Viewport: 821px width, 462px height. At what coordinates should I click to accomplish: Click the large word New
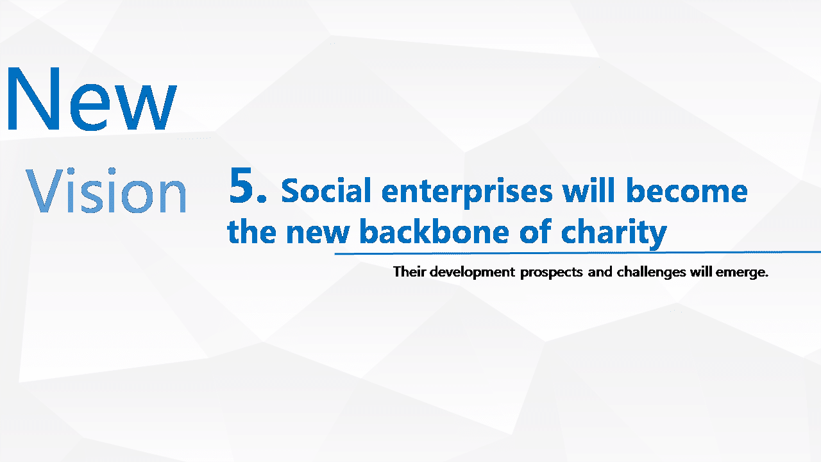click(92, 98)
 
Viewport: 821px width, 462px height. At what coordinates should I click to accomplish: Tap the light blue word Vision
click(106, 190)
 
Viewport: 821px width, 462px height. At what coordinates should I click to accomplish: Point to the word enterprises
click(466, 192)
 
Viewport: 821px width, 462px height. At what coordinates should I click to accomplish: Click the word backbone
click(434, 231)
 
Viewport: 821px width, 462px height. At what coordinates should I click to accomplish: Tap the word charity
click(614, 233)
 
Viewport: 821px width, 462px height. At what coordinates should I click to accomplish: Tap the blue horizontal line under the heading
click(578, 253)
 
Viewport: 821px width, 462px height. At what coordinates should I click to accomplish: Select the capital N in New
click(33, 98)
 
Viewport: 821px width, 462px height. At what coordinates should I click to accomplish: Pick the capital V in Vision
click(44, 191)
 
